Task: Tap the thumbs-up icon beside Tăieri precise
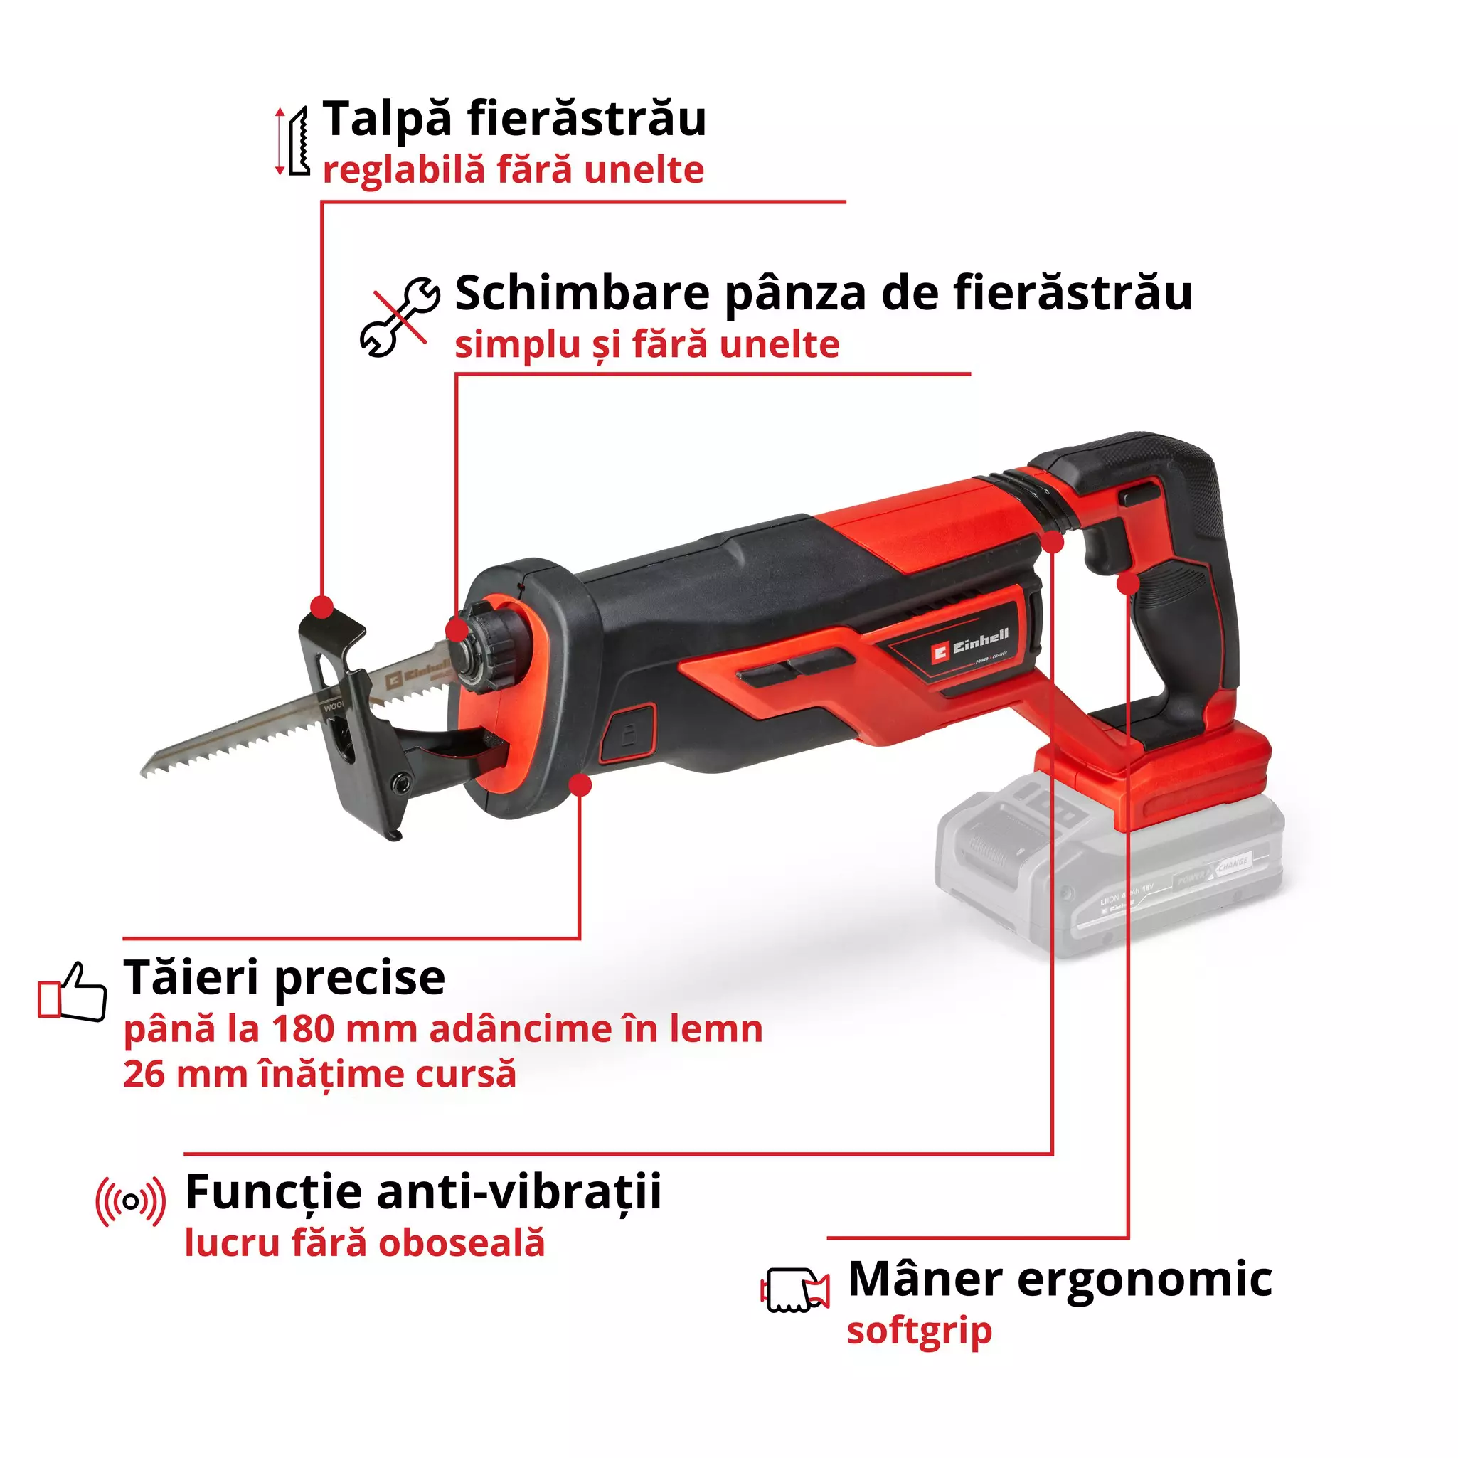[x=73, y=991]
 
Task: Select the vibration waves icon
[x=131, y=1201]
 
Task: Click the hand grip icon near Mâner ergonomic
[x=794, y=1289]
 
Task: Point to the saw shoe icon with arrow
[x=294, y=141]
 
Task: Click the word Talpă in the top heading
[x=387, y=119]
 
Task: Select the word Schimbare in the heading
[x=582, y=293]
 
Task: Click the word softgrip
[x=918, y=1331]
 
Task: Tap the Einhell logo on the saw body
[x=971, y=646]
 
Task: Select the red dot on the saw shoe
[x=322, y=606]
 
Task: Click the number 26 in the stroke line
[x=144, y=1075]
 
